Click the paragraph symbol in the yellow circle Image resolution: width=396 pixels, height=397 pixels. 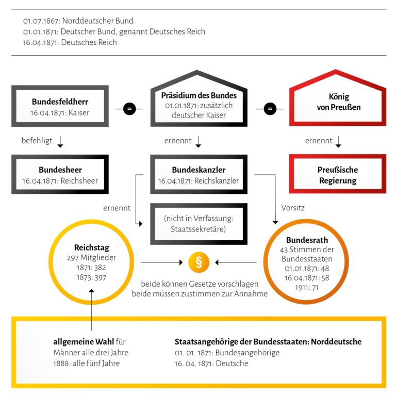199,263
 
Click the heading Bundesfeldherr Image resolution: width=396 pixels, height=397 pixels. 60,102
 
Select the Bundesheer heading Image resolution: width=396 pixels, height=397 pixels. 60,170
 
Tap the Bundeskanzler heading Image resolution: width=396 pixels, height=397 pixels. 199,170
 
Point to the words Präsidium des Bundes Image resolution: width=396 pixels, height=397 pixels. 199,95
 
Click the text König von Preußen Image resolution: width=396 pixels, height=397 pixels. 338,102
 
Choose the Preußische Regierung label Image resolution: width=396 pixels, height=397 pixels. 338,175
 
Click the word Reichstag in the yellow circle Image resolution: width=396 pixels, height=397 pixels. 91,248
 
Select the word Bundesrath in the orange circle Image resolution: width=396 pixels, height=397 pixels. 307,240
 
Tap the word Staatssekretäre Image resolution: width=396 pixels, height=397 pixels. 199,229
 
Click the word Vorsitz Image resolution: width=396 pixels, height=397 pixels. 292,208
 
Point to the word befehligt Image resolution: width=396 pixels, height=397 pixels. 37,141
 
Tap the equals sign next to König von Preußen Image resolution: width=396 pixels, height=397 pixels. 270,109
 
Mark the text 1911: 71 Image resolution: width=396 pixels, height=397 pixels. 307,287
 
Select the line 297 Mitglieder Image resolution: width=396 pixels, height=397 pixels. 91,258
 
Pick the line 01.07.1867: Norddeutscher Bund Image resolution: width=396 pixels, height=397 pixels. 78,21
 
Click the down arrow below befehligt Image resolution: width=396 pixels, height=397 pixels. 60,142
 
